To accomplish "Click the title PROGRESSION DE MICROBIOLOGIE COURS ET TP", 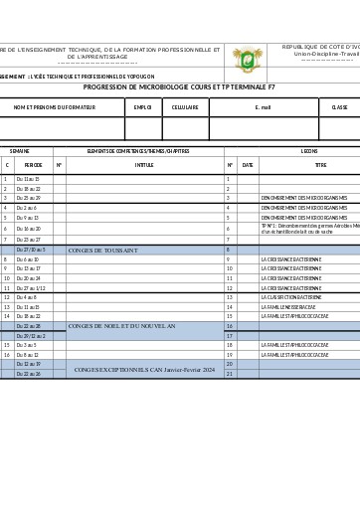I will click(x=179, y=87).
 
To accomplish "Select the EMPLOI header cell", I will click(x=142, y=106).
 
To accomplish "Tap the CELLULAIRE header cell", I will click(x=185, y=106).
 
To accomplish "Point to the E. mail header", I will click(x=263, y=106).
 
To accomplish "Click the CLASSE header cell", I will click(x=339, y=106).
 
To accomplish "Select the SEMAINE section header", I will click(x=20, y=151).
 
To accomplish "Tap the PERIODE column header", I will click(x=33, y=165).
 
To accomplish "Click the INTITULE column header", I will click(x=144, y=165).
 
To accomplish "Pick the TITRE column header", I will click(x=320, y=165).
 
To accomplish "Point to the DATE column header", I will click(x=248, y=165).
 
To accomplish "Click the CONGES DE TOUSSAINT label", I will click(x=110, y=251).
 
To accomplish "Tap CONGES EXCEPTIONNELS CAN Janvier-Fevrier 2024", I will click(x=144, y=370).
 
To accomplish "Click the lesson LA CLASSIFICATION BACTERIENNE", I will click(x=291, y=297).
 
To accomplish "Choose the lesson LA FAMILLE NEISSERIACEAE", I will click(x=288, y=307).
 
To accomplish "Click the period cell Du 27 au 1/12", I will click(x=31, y=288).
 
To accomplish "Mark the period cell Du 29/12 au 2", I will click(x=31, y=336).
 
